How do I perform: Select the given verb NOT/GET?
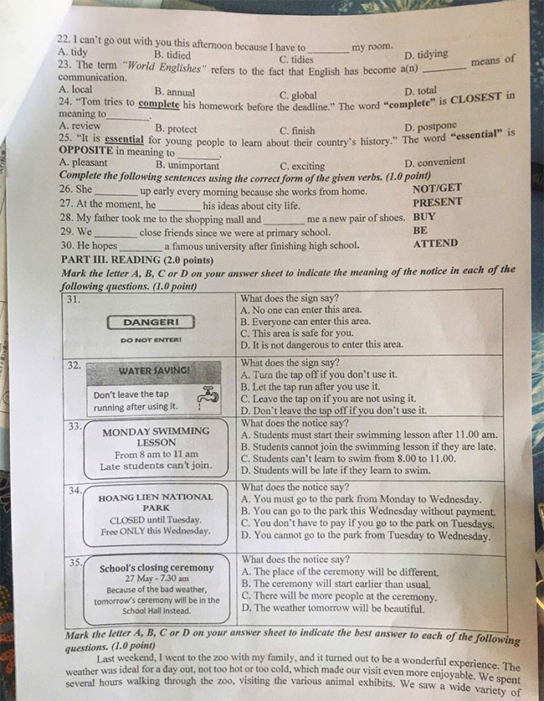point(437,188)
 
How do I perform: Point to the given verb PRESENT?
point(437,202)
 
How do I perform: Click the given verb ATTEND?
point(435,244)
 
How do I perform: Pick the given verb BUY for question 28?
point(424,216)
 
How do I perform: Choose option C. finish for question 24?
point(297,131)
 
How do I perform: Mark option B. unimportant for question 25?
point(187,165)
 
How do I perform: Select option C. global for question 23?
point(298,95)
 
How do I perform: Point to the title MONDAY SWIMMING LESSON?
point(156,436)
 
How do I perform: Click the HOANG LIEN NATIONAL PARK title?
point(156,502)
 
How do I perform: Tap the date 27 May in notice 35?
point(141,579)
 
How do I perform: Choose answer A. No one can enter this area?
point(300,309)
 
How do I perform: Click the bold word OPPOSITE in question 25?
point(88,152)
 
